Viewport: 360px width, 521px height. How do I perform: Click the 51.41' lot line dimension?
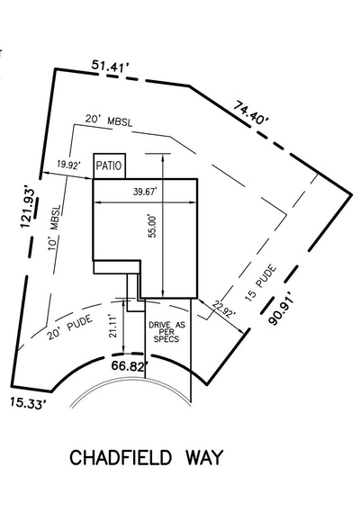(x=110, y=66)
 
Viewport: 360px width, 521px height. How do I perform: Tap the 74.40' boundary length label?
(x=250, y=113)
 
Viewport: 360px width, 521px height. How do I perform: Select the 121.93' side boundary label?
(x=28, y=208)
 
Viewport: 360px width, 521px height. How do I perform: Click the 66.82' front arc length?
(x=130, y=366)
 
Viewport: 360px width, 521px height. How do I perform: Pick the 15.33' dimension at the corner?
(x=28, y=403)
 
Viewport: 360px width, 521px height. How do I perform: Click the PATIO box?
(x=110, y=166)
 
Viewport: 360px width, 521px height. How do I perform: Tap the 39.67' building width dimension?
(x=145, y=192)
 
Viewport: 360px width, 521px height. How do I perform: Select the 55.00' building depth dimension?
(x=152, y=226)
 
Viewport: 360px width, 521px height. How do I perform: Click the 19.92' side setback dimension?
(x=68, y=166)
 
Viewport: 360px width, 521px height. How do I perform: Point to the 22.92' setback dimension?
(x=225, y=310)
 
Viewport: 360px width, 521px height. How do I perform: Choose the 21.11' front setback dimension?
(x=113, y=327)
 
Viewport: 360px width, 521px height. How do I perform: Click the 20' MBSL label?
(x=109, y=120)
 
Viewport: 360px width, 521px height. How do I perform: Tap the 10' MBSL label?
(x=55, y=228)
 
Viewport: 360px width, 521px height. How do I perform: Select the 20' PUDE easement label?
(x=69, y=328)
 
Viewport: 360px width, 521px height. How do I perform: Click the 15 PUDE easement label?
(x=261, y=283)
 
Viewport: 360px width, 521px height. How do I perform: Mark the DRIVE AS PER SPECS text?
(x=166, y=332)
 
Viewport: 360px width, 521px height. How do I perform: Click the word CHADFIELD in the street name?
(x=121, y=457)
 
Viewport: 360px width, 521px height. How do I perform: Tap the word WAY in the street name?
(x=203, y=457)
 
